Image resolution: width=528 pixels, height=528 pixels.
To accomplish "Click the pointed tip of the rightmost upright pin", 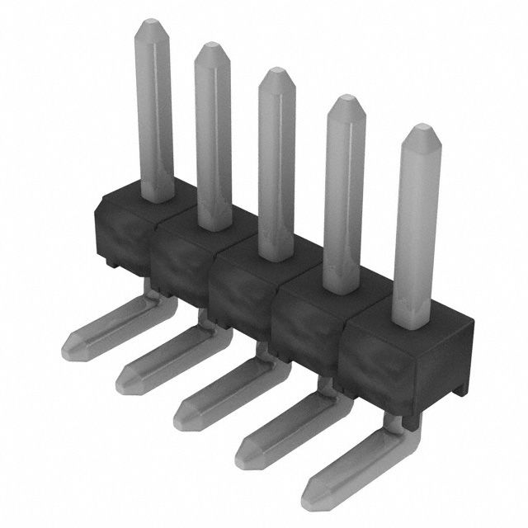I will (418, 130).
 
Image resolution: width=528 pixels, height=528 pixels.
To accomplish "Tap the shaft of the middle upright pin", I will (275, 165).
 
